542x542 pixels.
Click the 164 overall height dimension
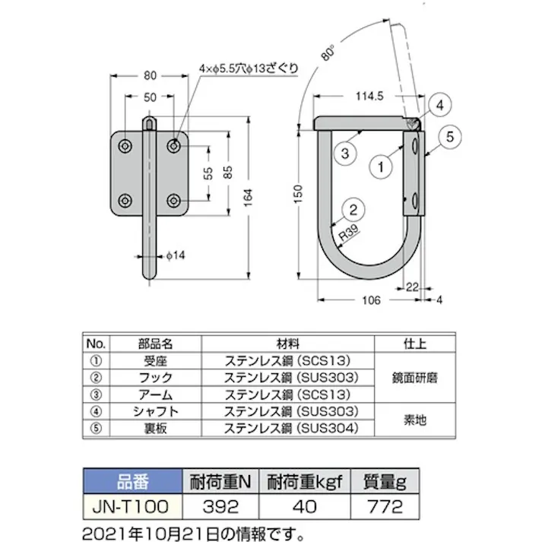pos(258,199)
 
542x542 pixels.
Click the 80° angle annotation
pos(328,54)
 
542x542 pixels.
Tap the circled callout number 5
pos(448,137)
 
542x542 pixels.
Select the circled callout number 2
pos(350,206)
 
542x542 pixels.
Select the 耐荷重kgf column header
pos(304,481)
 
